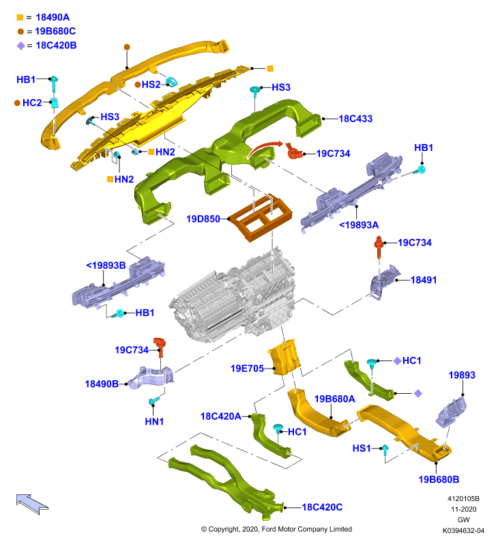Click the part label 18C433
[x=355, y=119]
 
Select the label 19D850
[x=203, y=219]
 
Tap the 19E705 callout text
[x=247, y=369]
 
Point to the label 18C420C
[x=322, y=507]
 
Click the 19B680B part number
[x=439, y=480]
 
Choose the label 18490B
[x=102, y=384]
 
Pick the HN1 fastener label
[x=154, y=421]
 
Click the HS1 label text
[x=362, y=448]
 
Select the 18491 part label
[x=424, y=280]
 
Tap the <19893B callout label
[x=106, y=265]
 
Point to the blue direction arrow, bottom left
[x=32, y=504]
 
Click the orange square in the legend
[x=20, y=18]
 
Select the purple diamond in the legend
[x=21, y=46]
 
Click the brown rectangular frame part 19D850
[x=261, y=219]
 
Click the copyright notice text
[x=277, y=530]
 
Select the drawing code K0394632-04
[x=463, y=531]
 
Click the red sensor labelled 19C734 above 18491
[x=379, y=246]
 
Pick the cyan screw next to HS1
[x=385, y=450]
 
